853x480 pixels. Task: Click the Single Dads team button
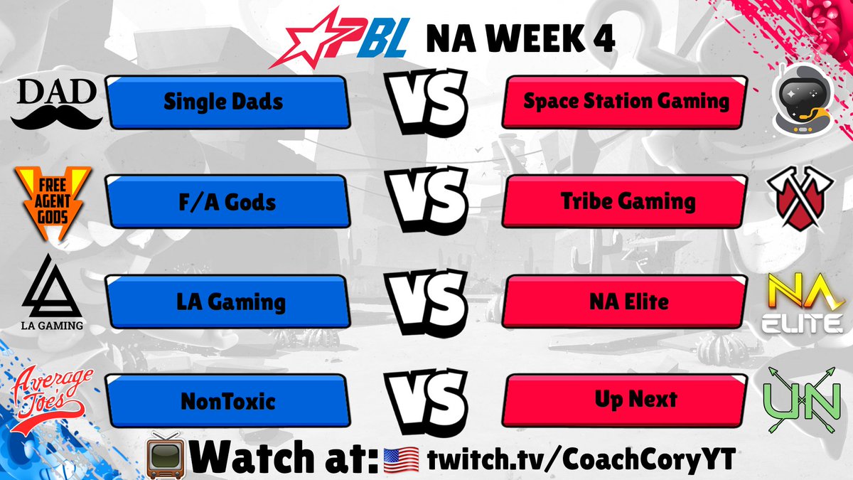[226, 102]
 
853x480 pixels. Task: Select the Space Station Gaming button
[626, 102]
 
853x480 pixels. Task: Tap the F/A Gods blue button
[226, 202]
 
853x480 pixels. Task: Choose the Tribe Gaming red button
[626, 202]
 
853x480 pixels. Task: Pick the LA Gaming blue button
[226, 302]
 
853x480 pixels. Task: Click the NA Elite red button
[626, 302]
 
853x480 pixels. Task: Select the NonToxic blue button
[226, 401]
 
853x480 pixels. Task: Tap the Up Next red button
[626, 401]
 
